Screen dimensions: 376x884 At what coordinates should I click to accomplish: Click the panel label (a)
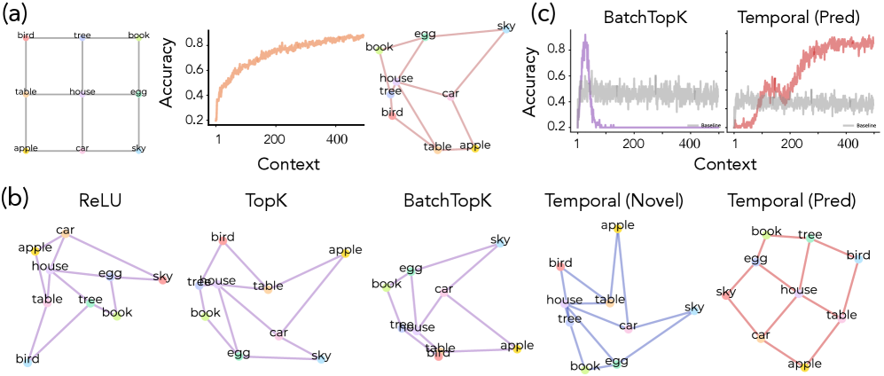point(14,13)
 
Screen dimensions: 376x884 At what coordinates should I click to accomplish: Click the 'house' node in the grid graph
point(82,92)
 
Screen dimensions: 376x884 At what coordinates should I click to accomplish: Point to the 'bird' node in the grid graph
point(27,37)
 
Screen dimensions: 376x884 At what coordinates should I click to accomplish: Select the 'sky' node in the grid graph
point(138,148)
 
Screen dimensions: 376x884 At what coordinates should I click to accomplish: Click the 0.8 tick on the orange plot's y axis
point(202,43)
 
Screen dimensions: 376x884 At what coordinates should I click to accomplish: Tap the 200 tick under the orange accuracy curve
point(275,139)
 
